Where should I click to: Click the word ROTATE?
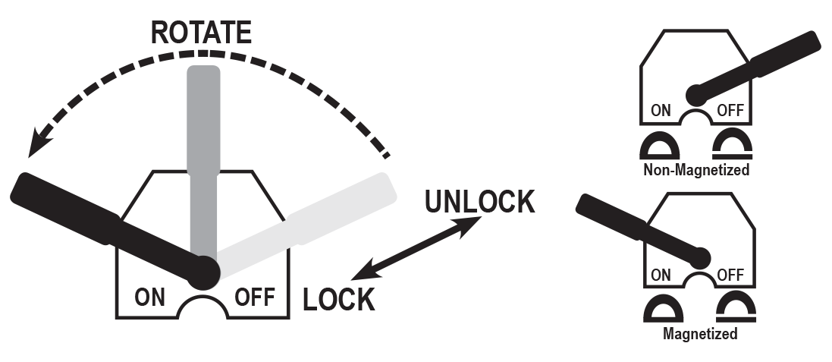click(x=201, y=33)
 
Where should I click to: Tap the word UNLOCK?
click(x=479, y=202)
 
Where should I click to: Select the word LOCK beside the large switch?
click(x=339, y=299)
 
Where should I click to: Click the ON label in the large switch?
click(x=150, y=296)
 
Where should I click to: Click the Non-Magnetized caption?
click(x=695, y=170)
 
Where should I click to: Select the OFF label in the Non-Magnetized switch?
click(x=730, y=111)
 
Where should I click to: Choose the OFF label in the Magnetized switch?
click(x=730, y=274)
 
